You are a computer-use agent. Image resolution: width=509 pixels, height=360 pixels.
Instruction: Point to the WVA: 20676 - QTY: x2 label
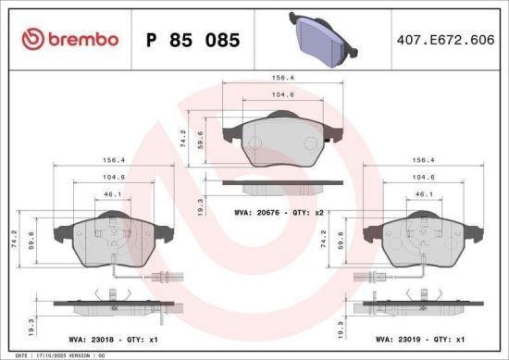click(x=281, y=212)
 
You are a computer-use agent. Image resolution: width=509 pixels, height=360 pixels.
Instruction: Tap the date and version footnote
click(x=56, y=354)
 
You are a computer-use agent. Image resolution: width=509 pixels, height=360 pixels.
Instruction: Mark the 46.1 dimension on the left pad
click(x=111, y=193)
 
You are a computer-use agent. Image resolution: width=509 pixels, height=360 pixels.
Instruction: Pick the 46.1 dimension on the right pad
click(x=424, y=193)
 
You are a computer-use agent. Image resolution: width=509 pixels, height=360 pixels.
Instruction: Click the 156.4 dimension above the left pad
click(x=111, y=158)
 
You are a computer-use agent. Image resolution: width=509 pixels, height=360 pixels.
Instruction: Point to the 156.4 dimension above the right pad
click(x=424, y=158)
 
